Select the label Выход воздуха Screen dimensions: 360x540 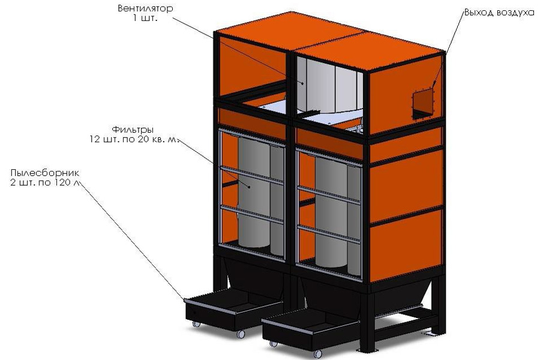click(x=499, y=12)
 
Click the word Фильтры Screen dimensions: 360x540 click(x=133, y=129)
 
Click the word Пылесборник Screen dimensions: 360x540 click(x=45, y=173)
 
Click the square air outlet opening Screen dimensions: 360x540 click(x=423, y=103)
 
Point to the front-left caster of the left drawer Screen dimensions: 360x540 click(x=196, y=325)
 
